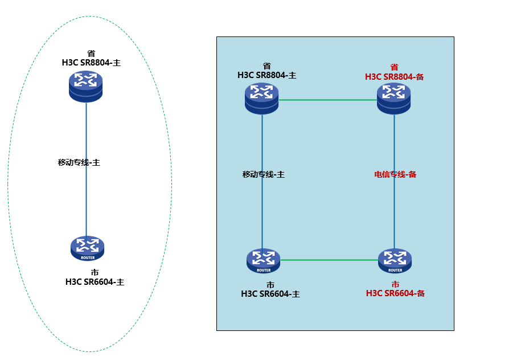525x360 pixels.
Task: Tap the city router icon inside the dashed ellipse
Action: click(87, 247)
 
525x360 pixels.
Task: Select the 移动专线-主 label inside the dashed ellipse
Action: click(79, 162)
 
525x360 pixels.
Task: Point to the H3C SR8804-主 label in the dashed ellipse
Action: click(91, 63)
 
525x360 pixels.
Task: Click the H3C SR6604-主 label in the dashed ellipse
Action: click(95, 281)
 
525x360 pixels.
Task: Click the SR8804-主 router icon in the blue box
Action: click(262, 97)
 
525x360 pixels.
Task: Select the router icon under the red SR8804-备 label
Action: click(393, 97)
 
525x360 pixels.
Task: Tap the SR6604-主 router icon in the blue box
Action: click(264, 261)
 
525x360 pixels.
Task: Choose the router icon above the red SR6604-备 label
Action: click(395, 261)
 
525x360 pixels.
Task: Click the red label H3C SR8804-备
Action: click(394, 76)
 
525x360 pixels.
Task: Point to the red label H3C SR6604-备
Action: click(395, 293)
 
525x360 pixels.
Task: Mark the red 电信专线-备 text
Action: click(395, 174)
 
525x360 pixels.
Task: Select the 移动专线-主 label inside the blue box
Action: click(263, 174)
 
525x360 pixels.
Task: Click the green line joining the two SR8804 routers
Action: click(327, 100)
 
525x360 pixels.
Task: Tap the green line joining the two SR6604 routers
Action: click(329, 260)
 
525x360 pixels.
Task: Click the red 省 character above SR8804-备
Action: click(394, 67)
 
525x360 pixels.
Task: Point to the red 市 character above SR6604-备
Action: click(395, 284)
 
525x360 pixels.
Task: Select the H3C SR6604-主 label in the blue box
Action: click(270, 294)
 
